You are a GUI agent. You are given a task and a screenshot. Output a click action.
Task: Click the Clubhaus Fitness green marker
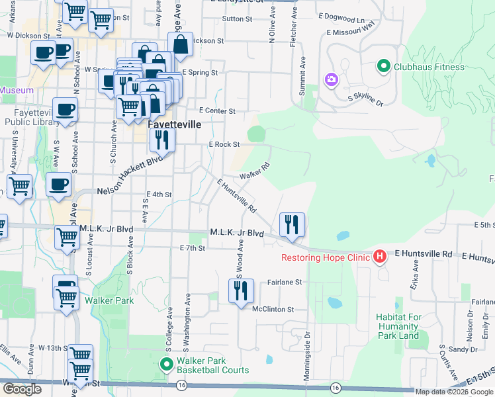click(x=382, y=66)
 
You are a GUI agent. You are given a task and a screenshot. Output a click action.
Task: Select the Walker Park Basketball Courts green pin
click(x=167, y=365)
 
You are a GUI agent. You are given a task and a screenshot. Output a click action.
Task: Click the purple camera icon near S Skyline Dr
click(x=331, y=79)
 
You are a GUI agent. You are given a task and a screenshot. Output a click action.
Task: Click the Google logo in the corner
click(x=22, y=389)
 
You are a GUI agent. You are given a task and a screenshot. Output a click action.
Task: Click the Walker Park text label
click(x=109, y=300)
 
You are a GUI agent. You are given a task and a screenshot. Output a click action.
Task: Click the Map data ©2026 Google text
click(x=455, y=392)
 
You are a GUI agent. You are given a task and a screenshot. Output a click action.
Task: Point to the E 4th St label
click(x=159, y=195)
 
